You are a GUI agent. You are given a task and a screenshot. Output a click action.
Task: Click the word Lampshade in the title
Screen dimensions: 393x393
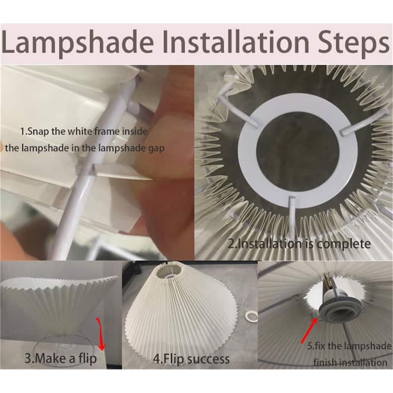point(78,42)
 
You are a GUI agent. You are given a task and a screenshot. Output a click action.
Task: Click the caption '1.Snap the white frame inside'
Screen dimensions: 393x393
point(84,131)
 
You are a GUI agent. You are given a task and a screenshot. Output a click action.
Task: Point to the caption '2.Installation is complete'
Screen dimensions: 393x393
point(299,244)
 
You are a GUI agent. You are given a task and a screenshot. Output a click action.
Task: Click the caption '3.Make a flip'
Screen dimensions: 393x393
point(60,358)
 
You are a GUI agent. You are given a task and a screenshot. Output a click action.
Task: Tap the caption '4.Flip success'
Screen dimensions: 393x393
point(191,359)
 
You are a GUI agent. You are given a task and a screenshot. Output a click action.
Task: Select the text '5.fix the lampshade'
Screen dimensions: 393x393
point(349,346)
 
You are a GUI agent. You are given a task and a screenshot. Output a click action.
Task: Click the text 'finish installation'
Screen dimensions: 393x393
point(350,363)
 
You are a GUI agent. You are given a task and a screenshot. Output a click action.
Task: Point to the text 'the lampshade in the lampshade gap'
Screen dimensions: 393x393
point(84,148)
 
